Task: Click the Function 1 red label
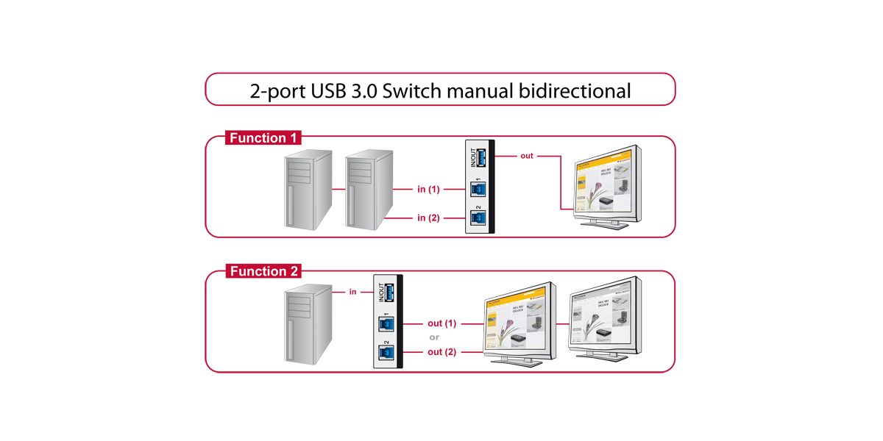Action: [264, 138]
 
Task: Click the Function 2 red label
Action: [264, 271]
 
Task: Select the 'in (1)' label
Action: [428, 190]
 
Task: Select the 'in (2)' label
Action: [428, 218]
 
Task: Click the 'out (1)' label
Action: [442, 323]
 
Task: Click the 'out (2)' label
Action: [442, 352]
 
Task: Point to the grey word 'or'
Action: [434, 337]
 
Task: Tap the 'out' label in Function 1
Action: [527, 156]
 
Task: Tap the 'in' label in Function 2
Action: [352, 292]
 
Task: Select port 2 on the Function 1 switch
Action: [475, 218]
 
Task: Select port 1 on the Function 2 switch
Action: [384, 323]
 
